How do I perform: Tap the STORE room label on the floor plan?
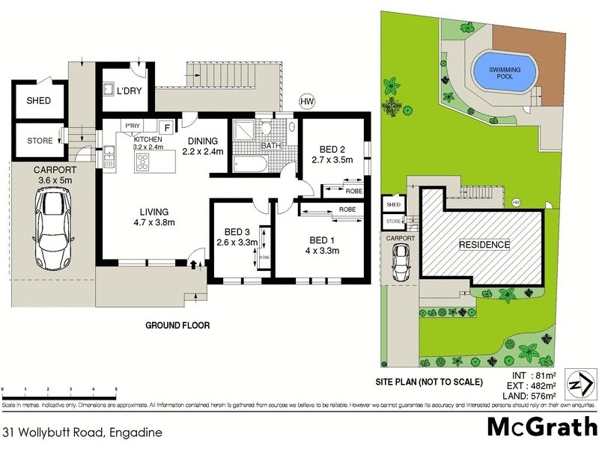click(x=40, y=139)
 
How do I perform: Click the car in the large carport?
click(x=52, y=229)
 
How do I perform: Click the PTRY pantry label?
click(x=133, y=126)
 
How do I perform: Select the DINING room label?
click(x=203, y=141)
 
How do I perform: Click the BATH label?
click(x=270, y=146)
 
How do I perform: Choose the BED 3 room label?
click(x=236, y=231)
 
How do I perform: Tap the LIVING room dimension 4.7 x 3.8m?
click(x=155, y=222)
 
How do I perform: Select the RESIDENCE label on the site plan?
click(x=484, y=245)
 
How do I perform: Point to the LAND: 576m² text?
click(x=532, y=395)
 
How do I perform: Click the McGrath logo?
click(x=538, y=427)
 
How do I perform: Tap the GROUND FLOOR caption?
click(x=178, y=326)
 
